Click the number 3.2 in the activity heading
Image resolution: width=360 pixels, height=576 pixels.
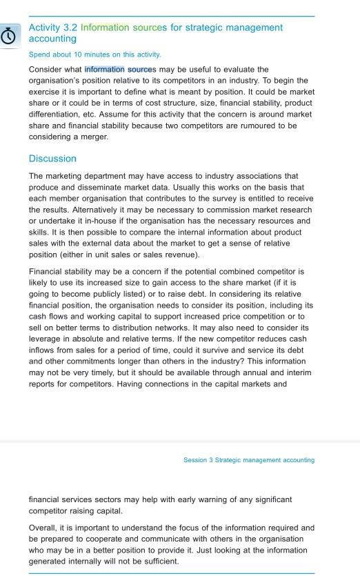pyautogui.click(x=70, y=28)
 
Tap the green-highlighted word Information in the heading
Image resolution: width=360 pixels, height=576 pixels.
pyautogui.click(x=104, y=28)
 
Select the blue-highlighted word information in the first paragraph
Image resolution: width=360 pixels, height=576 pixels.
pyautogui.click(x=104, y=70)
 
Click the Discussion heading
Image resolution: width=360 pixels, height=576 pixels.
pyautogui.click(x=52, y=159)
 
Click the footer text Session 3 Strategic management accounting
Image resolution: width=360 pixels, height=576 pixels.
pyautogui.click(x=249, y=460)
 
